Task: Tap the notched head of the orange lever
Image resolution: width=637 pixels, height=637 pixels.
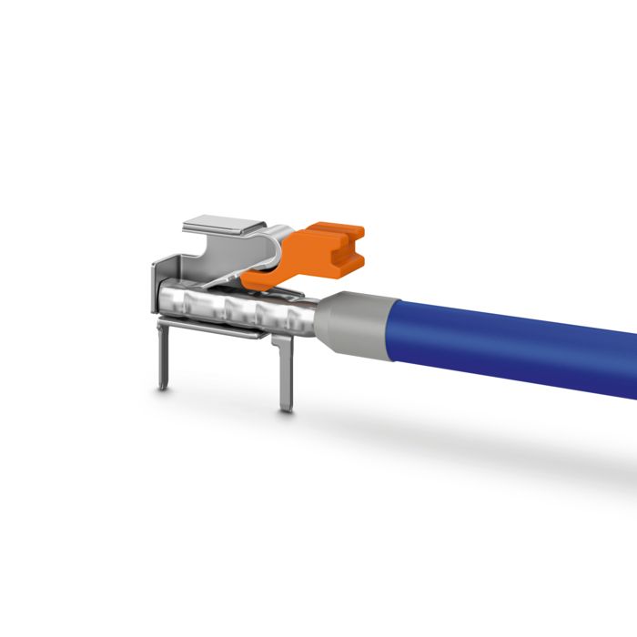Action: pyautogui.click(x=340, y=246)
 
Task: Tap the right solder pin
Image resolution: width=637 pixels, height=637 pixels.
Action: pyautogui.click(x=286, y=373)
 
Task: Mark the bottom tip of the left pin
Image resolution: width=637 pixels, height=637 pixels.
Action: pyautogui.click(x=162, y=388)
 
